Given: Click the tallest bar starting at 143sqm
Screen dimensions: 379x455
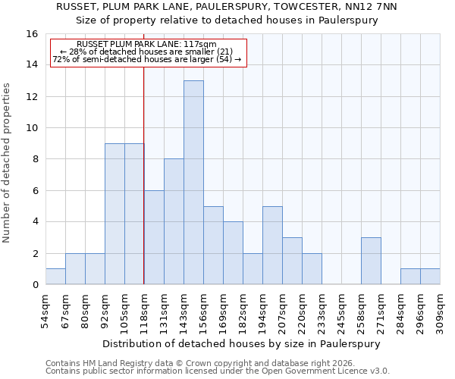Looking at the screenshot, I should tap(193, 183).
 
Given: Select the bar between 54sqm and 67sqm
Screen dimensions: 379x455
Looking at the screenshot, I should tap(55, 277).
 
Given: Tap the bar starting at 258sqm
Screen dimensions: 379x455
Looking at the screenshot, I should tap(371, 261).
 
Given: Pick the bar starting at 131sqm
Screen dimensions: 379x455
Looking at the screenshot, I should tap(174, 221).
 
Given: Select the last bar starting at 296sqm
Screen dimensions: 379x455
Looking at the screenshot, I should tap(430, 277).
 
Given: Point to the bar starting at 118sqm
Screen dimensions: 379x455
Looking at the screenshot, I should tap(154, 237).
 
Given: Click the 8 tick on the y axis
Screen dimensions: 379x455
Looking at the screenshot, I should tap(35, 159).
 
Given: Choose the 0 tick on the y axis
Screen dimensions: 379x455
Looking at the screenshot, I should tap(35, 285).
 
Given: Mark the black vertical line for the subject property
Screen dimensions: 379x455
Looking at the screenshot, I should tap(143, 174).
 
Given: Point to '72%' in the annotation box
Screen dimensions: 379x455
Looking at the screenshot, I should tap(61, 59).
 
